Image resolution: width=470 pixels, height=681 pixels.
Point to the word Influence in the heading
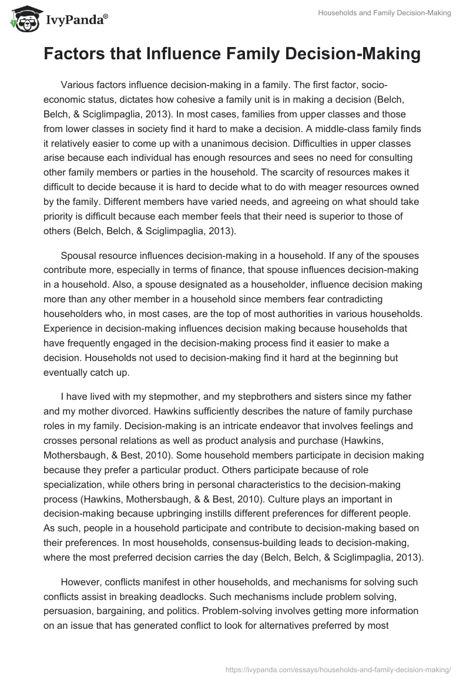(190, 55)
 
